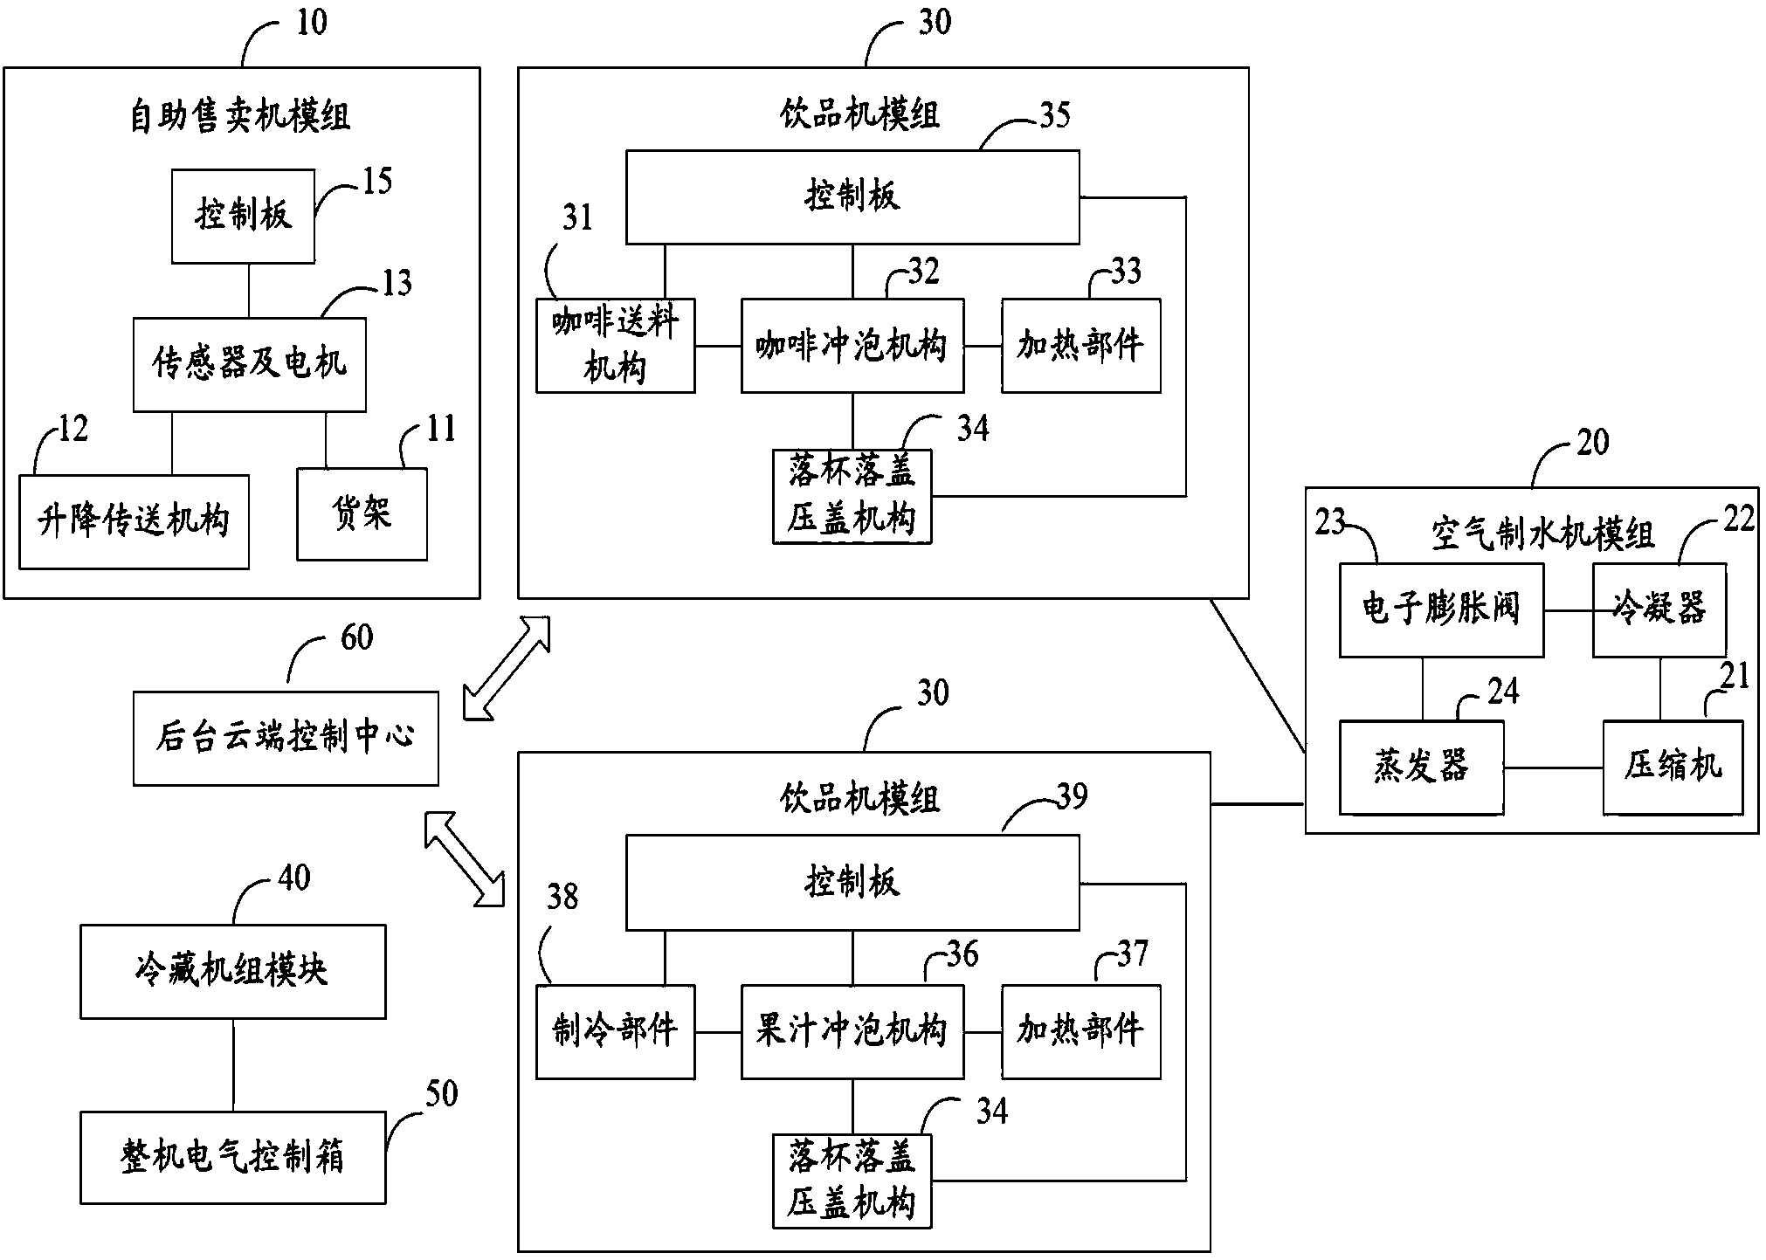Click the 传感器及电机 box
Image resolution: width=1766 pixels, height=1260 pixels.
[x=249, y=364]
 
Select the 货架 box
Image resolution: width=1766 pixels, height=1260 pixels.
[x=362, y=514]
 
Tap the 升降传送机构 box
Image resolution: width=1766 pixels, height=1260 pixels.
[x=134, y=522]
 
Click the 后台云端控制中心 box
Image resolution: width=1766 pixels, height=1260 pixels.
[x=286, y=739]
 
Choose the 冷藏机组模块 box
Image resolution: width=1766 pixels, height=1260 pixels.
[x=232, y=972]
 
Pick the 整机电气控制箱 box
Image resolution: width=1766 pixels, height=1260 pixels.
[x=232, y=1158]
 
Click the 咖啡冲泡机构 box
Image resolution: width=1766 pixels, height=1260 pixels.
[x=852, y=347]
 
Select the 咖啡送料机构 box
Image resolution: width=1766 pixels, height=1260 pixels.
[x=615, y=347]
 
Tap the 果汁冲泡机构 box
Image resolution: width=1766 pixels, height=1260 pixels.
[x=852, y=1032]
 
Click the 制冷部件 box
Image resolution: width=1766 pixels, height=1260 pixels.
[x=615, y=1032]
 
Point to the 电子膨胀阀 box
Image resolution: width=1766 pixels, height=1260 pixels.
[x=1440, y=609]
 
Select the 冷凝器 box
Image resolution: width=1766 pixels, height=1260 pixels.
[x=1659, y=609]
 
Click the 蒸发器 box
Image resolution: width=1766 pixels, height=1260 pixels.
[x=1421, y=768]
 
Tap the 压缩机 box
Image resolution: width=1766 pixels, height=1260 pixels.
[x=1673, y=768]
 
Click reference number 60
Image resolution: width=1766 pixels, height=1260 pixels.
[x=356, y=638]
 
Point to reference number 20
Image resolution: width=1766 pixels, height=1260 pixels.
[x=1592, y=443]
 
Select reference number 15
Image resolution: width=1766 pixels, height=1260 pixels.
[x=376, y=182]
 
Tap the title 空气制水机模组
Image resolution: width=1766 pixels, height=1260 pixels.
[x=1542, y=534]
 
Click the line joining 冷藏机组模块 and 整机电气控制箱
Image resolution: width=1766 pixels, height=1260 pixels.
[x=232, y=1064]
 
